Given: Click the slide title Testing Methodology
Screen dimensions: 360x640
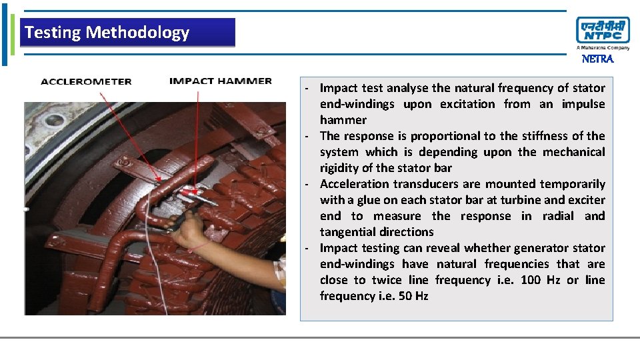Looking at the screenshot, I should (x=107, y=32).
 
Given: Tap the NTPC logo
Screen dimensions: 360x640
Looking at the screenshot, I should (x=603, y=31).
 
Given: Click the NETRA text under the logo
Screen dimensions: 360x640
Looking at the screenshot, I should (x=597, y=59).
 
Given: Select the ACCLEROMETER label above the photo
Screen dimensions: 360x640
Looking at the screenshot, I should (x=86, y=81).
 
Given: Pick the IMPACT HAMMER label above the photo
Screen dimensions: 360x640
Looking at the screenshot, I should (x=221, y=81).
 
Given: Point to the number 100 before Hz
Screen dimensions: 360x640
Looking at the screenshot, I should (x=531, y=280).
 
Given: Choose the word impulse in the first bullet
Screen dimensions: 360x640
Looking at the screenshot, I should (x=583, y=104).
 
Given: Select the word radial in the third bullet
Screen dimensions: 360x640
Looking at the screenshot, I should (x=559, y=216).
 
